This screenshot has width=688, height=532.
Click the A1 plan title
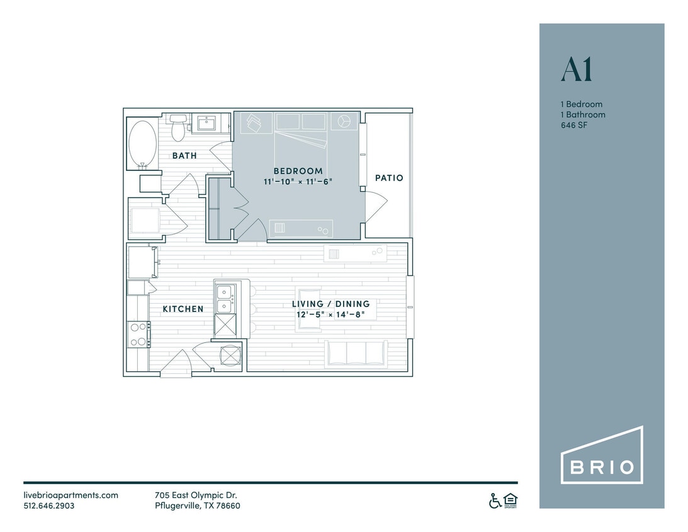click(577, 71)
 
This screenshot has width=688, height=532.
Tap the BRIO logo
click(602, 455)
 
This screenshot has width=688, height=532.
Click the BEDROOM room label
click(298, 171)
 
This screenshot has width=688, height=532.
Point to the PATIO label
click(389, 178)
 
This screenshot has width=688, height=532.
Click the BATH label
click(184, 155)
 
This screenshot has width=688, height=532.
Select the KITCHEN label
click(183, 309)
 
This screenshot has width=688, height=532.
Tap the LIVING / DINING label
click(330, 304)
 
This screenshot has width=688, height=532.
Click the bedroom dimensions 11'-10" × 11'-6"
click(298, 182)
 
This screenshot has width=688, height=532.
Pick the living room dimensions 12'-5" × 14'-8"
click(330, 314)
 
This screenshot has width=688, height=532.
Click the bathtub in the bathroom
click(142, 144)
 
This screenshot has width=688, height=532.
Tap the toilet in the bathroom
click(179, 127)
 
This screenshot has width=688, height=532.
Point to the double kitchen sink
click(225, 299)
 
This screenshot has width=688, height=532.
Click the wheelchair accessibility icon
click(495, 500)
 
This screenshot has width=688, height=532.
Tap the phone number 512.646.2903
click(49, 506)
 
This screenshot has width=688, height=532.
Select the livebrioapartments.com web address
click(70, 495)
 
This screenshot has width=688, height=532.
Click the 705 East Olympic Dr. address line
click(195, 495)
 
